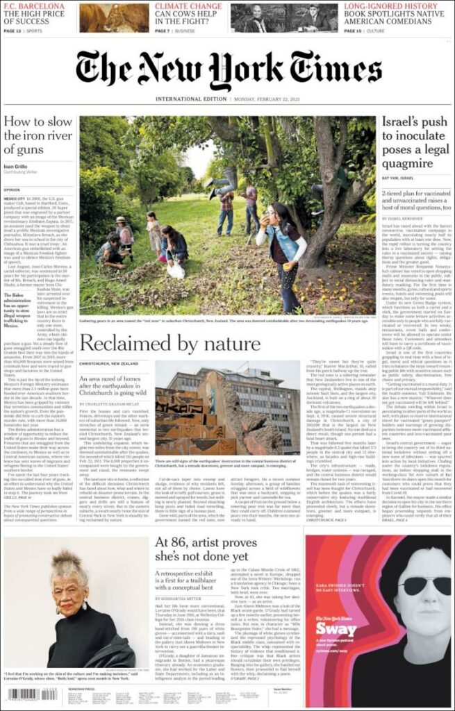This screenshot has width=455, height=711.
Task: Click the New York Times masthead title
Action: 227,71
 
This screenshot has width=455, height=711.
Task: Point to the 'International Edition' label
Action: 185,99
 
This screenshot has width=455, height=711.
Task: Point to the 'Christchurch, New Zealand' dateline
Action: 110,363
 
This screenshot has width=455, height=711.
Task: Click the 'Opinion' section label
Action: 12,189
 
